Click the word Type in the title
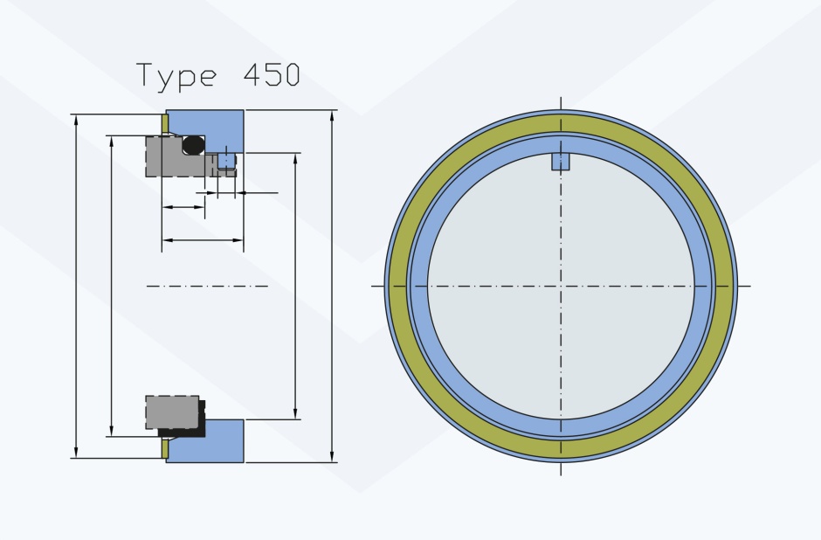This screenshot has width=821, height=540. click(176, 76)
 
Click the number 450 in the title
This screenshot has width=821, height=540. click(272, 74)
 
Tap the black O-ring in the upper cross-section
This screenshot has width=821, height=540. click(194, 144)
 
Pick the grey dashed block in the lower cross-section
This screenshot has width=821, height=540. click(172, 412)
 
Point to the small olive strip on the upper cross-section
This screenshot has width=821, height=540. click(164, 123)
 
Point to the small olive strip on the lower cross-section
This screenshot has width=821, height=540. click(164, 448)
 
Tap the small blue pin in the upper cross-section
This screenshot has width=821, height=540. click(225, 160)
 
